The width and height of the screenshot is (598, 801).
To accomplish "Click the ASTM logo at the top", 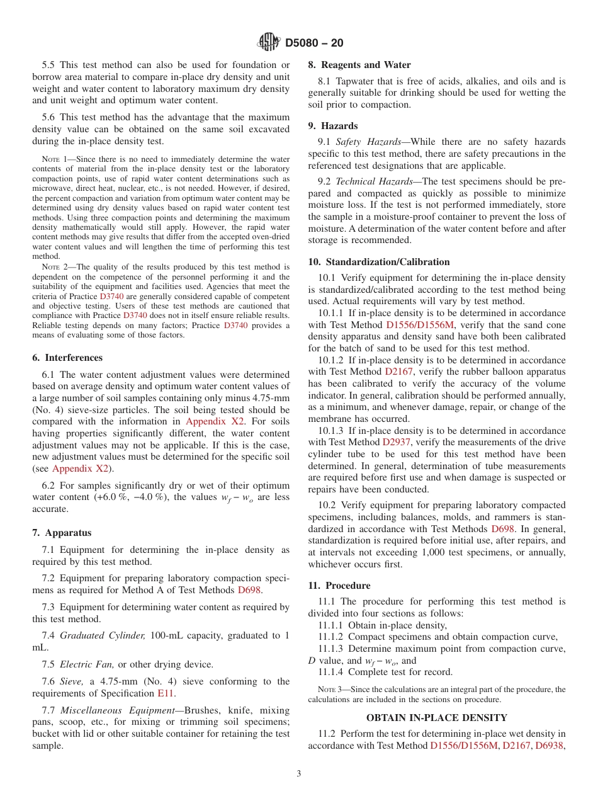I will (269, 42).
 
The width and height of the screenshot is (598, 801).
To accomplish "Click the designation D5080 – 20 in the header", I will (314, 43).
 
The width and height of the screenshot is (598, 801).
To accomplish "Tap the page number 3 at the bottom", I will (298, 773).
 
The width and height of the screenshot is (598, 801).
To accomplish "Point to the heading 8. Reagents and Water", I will (359, 65).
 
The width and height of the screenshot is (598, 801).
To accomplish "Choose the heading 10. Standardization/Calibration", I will (378, 262).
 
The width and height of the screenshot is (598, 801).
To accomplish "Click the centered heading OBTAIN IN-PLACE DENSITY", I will (436, 717).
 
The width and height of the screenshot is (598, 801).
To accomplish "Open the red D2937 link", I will (397, 442).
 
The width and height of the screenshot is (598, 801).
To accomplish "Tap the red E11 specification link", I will (166, 693).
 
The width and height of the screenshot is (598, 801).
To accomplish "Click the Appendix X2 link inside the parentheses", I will (80, 469).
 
